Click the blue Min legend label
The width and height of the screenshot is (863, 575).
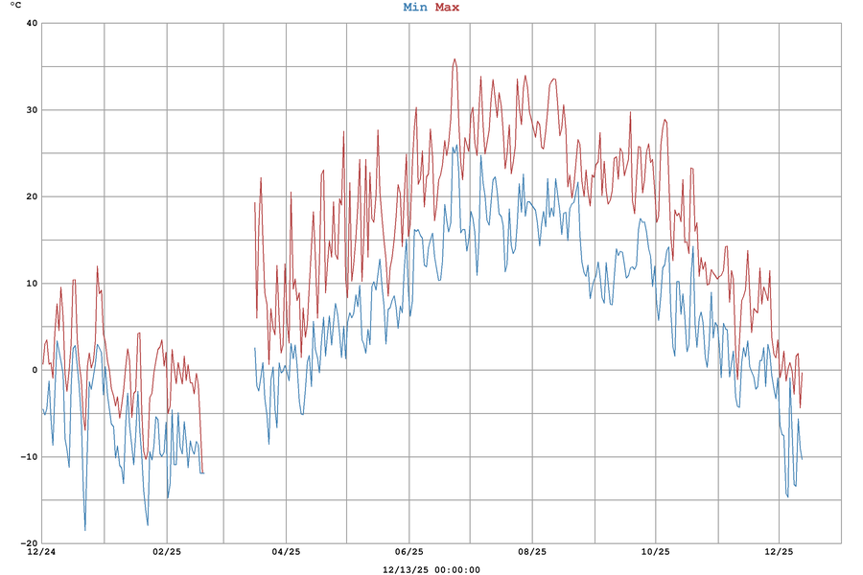click(x=415, y=8)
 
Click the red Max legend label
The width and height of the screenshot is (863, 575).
click(x=447, y=8)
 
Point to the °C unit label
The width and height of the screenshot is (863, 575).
click(x=15, y=6)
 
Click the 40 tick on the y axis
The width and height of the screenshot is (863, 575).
click(x=31, y=23)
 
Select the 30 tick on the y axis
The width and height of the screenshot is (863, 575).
click(x=31, y=110)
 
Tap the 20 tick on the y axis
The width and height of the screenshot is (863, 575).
click(x=31, y=196)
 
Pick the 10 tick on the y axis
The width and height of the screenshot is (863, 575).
click(x=31, y=283)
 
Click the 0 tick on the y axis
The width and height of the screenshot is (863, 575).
click(x=34, y=370)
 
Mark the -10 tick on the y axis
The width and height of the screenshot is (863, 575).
click(x=28, y=456)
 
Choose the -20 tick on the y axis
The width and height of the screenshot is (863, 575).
click(x=28, y=542)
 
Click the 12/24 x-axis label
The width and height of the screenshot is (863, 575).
click(x=41, y=552)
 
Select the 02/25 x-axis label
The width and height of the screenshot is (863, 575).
click(x=166, y=552)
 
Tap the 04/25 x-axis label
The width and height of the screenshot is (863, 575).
click(x=286, y=552)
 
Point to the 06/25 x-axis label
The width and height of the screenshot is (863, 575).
click(x=408, y=552)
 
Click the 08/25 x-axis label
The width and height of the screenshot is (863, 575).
click(x=532, y=552)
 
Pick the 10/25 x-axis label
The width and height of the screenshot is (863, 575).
click(x=655, y=552)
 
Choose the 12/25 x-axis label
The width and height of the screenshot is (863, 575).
click(x=779, y=552)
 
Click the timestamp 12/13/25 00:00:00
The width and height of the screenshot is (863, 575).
click(x=431, y=569)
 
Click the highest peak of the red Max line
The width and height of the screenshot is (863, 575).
click(x=455, y=59)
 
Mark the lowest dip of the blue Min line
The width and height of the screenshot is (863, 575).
click(x=84, y=530)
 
